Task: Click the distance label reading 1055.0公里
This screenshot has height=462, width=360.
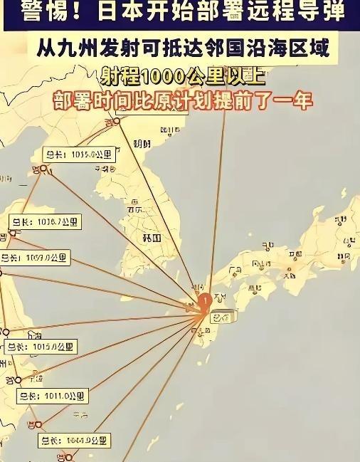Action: point(75,154)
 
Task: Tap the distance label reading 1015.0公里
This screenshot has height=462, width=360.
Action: point(39,347)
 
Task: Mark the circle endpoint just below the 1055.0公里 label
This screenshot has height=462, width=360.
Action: point(43,169)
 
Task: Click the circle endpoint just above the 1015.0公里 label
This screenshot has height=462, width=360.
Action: point(6,332)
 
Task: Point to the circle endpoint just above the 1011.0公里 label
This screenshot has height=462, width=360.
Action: point(18,380)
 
